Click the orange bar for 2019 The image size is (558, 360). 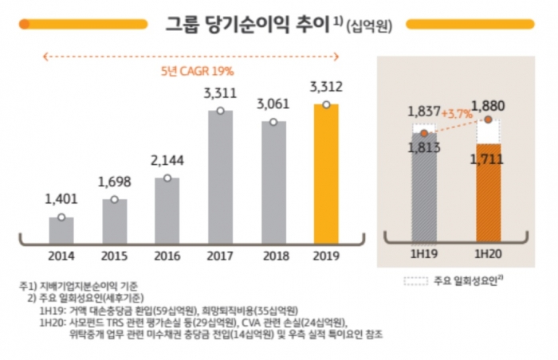click(326, 175)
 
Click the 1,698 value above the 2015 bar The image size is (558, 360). click(115, 182)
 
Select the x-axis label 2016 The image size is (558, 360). click(167, 256)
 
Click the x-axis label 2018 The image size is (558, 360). click(273, 256)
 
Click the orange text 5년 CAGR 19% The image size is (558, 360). click(191, 71)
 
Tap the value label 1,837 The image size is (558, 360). click(423, 110)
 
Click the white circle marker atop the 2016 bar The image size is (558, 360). click(167, 178)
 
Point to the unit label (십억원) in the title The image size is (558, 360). click(371, 25)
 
